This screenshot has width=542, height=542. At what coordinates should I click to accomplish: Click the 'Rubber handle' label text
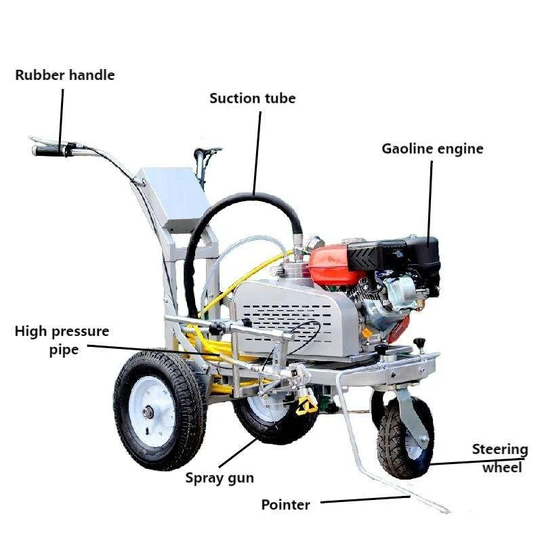(64, 75)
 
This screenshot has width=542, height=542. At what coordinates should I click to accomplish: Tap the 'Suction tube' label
(252, 98)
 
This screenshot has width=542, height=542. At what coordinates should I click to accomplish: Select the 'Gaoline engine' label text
(432, 148)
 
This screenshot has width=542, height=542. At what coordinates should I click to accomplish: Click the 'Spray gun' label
(220, 478)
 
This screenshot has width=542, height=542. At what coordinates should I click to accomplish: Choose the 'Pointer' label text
(286, 505)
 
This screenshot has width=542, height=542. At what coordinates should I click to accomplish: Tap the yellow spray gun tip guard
(306, 405)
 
